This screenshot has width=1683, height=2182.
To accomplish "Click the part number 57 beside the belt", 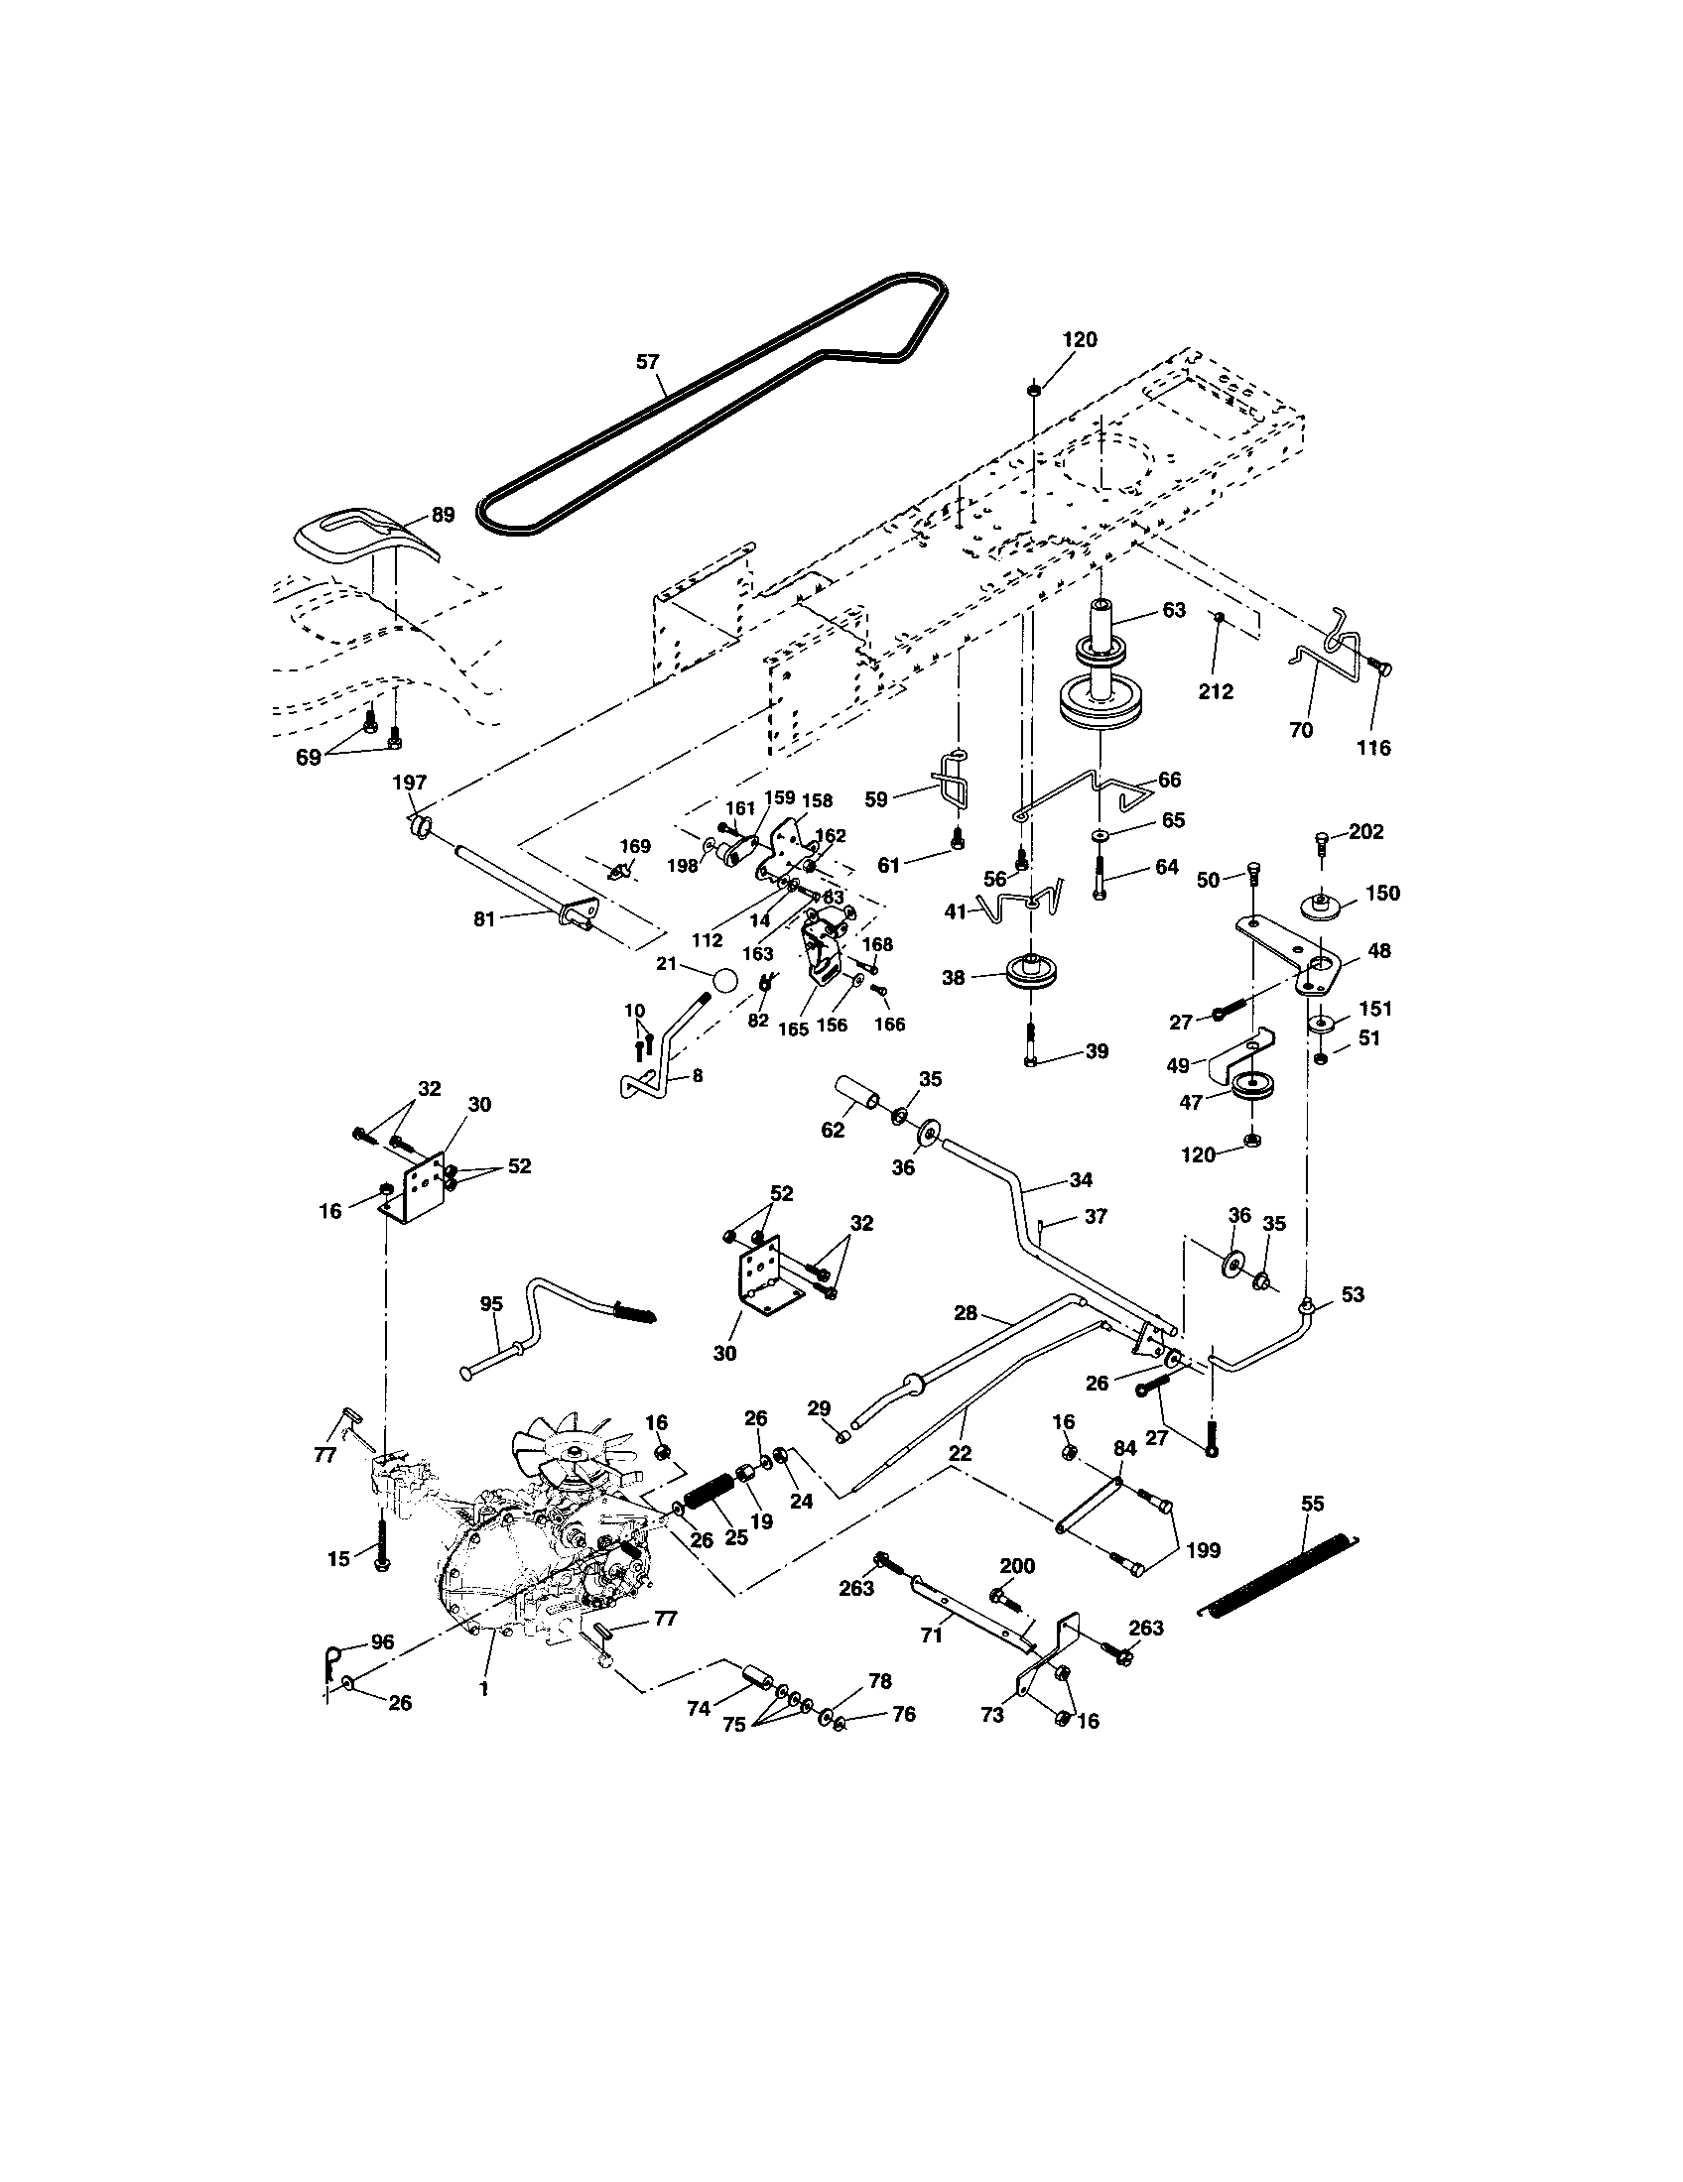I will coord(649,362).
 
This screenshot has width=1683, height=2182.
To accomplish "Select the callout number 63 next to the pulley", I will coord(1174,609).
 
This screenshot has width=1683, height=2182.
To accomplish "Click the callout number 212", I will coord(1217,691).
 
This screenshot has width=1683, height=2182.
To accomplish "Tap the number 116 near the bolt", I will coord(1373,747).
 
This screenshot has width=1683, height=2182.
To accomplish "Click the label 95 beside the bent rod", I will coord(490,1303).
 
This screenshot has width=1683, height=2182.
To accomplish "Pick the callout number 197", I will coord(410,783).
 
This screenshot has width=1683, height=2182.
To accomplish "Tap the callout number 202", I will coord(1365,831).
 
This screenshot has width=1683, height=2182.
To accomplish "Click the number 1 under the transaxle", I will coord(483,1687).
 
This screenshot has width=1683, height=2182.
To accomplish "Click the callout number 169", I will coord(635,847).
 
